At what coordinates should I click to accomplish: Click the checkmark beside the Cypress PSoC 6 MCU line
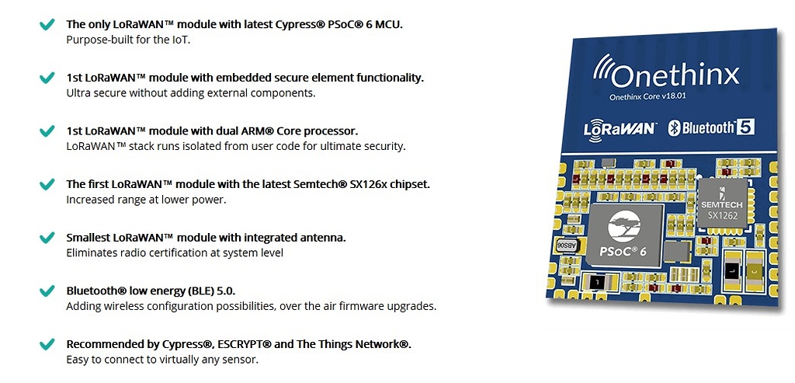tap(47, 25)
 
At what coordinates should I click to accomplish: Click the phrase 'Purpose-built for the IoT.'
tap(128, 40)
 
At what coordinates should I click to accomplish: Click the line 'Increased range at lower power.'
tap(146, 200)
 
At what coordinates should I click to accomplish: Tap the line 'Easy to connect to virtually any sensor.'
tap(161, 360)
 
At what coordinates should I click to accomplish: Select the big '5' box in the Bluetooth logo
tap(745, 127)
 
